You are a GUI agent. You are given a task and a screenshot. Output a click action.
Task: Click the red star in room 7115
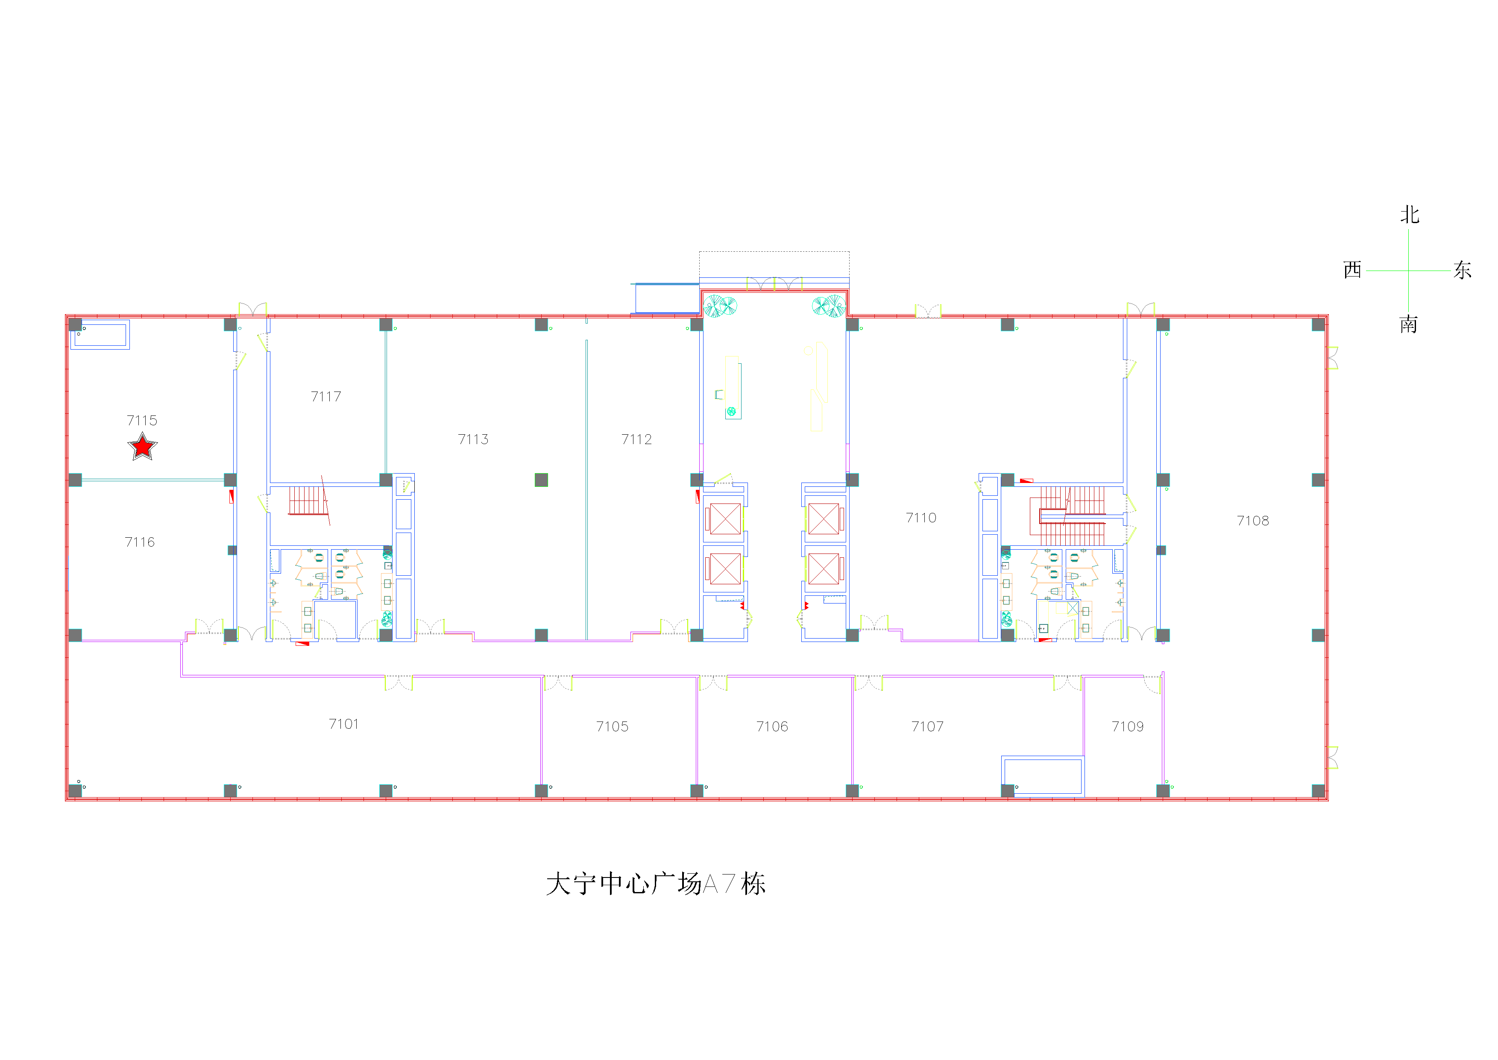[x=142, y=447]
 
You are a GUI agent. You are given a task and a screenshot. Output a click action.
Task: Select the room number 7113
[x=473, y=439]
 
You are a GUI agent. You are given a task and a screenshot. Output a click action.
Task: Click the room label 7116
[x=140, y=542]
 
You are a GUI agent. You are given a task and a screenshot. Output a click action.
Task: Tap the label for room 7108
[x=1253, y=520]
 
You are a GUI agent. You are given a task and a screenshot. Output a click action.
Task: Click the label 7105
[x=612, y=727]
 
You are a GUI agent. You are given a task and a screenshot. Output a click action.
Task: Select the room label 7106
[x=772, y=727]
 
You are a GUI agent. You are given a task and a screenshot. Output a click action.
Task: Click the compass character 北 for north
[x=1409, y=215]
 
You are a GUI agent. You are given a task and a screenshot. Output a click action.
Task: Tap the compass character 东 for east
[x=1462, y=270]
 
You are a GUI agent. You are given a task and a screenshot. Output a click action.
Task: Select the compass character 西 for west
[x=1352, y=270]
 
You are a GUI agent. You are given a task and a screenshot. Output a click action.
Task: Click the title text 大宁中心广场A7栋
[x=656, y=884]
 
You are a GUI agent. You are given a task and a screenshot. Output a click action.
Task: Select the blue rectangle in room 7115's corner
[x=100, y=334]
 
